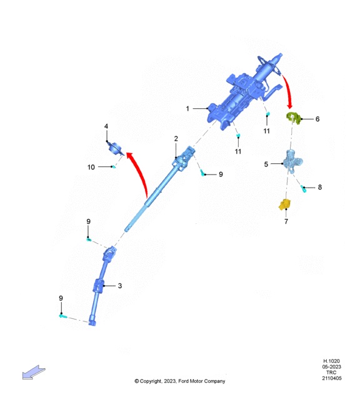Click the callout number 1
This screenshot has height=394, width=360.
click(187, 109)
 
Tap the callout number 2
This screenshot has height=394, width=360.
click(176, 139)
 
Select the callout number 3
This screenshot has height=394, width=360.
click(120, 286)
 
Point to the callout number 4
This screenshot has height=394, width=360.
click(106, 126)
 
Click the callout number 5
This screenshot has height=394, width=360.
click(266, 164)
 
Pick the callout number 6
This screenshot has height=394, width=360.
click(317, 119)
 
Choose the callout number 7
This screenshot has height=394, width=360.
click(286, 221)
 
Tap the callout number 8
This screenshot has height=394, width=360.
click(320, 187)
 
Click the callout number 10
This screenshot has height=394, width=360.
click(91, 167)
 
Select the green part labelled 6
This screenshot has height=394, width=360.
click(294, 118)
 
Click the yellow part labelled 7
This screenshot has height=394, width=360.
click(284, 205)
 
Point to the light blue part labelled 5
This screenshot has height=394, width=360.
click(292, 161)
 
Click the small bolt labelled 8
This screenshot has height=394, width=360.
click(304, 188)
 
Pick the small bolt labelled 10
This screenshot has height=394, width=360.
click(114, 166)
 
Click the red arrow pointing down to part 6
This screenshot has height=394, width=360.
click(288, 92)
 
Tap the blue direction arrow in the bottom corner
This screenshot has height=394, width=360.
click(34, 372)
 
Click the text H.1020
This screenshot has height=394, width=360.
click(331, 361)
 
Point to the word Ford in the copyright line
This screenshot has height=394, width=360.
click(184, 381)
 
